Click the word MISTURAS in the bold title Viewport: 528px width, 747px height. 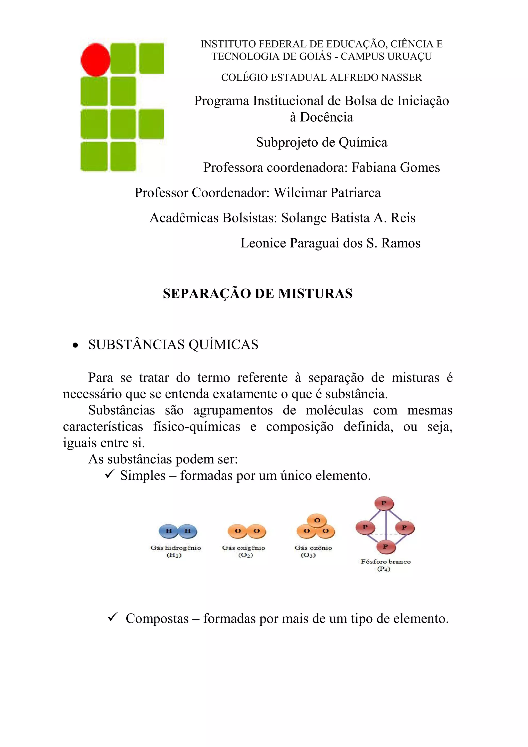[315, 293]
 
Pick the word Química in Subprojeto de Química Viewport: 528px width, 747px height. [363, 143]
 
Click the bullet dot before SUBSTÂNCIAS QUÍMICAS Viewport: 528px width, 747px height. [76, 345]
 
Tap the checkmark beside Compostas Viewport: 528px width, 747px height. [113, 617]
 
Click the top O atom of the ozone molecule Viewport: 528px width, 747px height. [317, 520]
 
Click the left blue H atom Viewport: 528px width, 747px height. [169, 531]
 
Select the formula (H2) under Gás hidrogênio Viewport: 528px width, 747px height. [174, 555]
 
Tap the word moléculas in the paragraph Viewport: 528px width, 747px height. [334, 410]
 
